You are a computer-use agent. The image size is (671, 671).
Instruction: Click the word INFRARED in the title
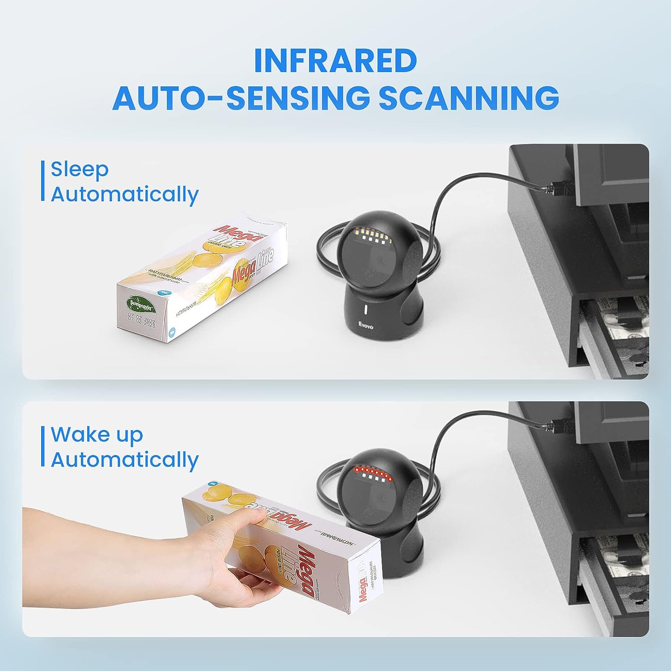(335, 60)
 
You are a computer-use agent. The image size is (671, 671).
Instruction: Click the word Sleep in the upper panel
(80, 169)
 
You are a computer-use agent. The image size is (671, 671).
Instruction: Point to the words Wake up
(97, 434)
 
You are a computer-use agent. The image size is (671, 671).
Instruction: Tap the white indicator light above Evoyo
(365, 310)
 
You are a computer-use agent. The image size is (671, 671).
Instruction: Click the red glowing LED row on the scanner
(371, 471)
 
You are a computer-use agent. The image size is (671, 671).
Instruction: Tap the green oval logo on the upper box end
(141, 305)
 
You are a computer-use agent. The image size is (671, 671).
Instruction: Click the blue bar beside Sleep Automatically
(43, 181)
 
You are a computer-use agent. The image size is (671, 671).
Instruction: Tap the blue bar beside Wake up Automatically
(43, 446)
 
